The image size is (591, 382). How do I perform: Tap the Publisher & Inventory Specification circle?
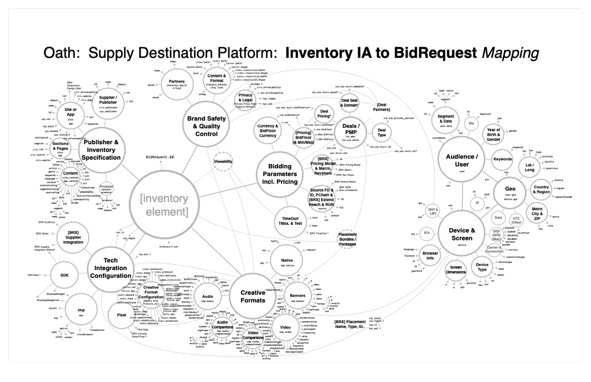(x=102, y=150)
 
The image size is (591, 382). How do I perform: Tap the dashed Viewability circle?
(x=223, y=162)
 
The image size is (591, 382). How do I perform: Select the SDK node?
(x=65, y=275)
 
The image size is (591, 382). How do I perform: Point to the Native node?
(x=283, y=260)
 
